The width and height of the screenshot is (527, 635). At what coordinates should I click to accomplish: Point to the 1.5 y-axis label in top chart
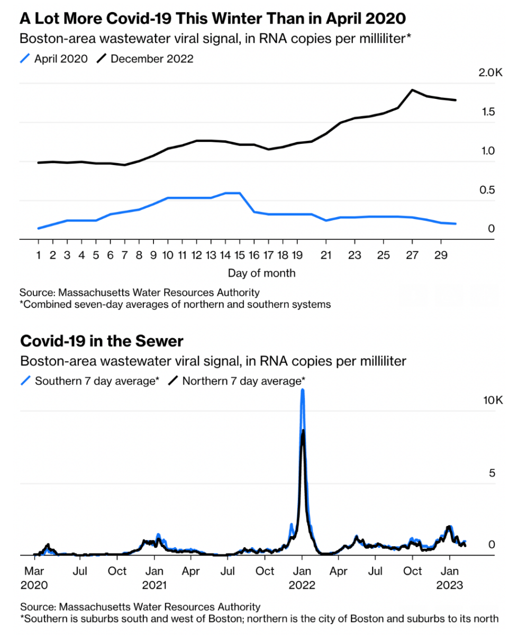[488, 112]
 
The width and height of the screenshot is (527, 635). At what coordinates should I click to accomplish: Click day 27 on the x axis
[412, 255]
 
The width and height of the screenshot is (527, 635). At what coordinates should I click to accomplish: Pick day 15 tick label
[239, 255]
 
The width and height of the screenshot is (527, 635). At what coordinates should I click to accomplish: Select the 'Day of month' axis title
[261, 274]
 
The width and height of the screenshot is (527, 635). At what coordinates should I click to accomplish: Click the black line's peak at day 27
[412, 90]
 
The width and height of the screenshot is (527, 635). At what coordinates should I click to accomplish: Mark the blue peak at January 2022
[302, 390]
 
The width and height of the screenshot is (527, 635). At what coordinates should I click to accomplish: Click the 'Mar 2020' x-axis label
[34, 578]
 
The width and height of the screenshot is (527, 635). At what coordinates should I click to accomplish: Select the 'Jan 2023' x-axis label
[449, 578]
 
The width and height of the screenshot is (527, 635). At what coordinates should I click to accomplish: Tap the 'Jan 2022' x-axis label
[302, 578]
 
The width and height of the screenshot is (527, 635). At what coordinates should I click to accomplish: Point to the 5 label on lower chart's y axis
[491, 473]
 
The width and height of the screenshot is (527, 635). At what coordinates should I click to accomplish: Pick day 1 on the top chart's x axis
[39, 255]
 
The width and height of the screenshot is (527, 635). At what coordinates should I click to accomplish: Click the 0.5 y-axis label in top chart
[488, 190]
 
